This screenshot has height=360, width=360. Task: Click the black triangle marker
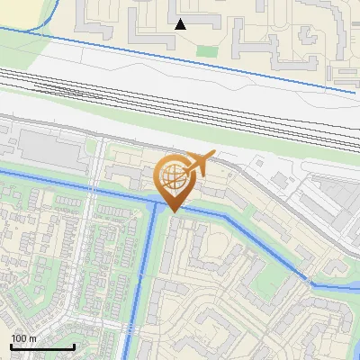click(180, 24)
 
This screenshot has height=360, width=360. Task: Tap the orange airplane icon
click(199, 163)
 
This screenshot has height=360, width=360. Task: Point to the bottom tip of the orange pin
click(172, 212)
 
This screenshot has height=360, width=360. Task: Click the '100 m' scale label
click(23, 338)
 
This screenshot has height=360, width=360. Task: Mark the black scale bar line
click(41, 347)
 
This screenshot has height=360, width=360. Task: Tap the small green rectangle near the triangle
click(207, 51)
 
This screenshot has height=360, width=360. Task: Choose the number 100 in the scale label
click(19, 338)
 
